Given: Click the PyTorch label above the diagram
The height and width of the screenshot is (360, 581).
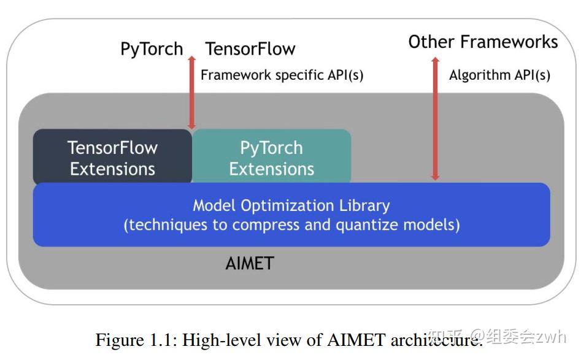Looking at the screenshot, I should (x=152, y=49).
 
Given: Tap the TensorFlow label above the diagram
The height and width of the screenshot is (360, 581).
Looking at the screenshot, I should (x=250, y=49).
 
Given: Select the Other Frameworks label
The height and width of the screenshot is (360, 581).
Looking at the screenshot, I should (x=483, y=42).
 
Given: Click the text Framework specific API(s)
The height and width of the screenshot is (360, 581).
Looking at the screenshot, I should (x=282, y=75).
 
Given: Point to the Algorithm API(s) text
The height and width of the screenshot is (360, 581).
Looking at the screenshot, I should (x=499, y=75).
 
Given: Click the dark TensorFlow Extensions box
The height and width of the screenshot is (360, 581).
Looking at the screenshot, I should (x=112, y=158).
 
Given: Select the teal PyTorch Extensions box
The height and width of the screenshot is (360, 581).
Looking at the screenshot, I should (x=271, y=158).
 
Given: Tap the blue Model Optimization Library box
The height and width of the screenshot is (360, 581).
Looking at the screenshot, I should (x=291, y=215).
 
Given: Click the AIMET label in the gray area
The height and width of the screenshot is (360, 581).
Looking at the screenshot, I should (x=249, y=264).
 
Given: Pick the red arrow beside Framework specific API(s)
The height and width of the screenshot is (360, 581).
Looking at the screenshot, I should (x=191, y=92).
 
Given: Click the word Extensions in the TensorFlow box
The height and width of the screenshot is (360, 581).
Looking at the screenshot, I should (x=112, y=169).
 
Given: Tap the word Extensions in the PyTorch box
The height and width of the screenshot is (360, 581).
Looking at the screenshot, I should (x=271, y=169).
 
